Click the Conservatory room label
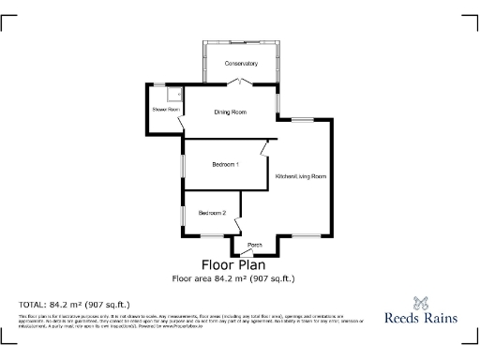point(241,64)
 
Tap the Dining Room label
point(231,112)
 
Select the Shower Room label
point(165,110)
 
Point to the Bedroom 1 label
point(225,165)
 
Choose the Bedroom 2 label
point(212,213)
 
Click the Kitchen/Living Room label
point(300,176)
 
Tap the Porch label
point(254,245)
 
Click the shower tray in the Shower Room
point(173,94)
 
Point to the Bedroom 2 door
point(238,226)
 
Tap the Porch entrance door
point(254,253)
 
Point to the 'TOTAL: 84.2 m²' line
point(75,305)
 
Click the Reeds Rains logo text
point(422,319)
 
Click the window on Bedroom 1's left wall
point(184,165)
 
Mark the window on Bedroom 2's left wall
point(184,213)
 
